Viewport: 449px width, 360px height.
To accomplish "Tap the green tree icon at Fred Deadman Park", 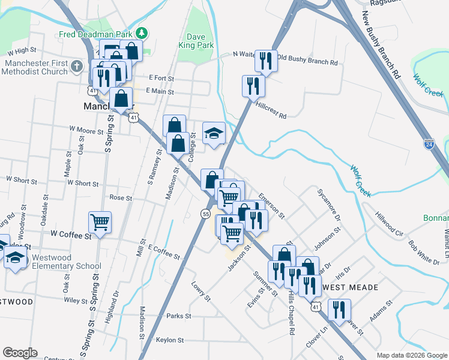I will pos(141,32).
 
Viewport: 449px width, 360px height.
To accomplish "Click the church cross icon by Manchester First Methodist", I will pos(76,65).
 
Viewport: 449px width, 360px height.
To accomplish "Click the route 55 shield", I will pos(205,214).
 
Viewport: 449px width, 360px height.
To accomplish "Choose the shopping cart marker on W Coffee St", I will pos(100,222).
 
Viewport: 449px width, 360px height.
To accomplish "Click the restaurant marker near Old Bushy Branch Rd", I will pos(266,61).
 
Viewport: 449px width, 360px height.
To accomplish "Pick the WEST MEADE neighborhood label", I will pos(351,287).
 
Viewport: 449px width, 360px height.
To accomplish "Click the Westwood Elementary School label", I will pos(66,262).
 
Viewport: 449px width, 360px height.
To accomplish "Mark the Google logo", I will pos(20,353).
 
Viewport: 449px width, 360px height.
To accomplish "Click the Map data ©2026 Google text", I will pos(411,355).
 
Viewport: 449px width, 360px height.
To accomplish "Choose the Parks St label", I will pos(178,316).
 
